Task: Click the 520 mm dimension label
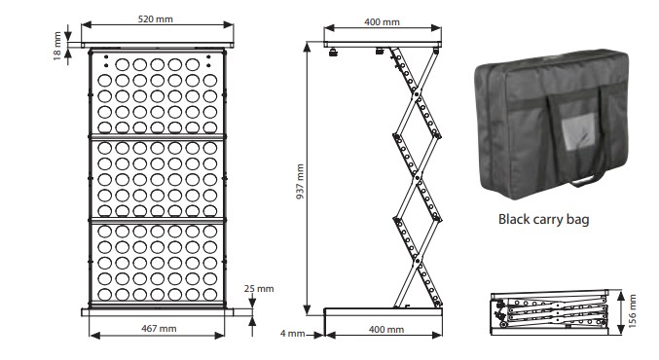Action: [155, 18]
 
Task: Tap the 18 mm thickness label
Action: [57, 46]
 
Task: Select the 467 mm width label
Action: [159, 328]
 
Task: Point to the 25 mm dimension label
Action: [259, 289]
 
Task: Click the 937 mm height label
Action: [300, 182]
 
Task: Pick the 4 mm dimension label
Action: [293, 334]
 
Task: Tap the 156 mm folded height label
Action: [634, 310]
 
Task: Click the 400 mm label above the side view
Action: [382, 21]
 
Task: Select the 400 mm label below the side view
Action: [386, 329]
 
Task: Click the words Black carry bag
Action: [543, 219]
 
